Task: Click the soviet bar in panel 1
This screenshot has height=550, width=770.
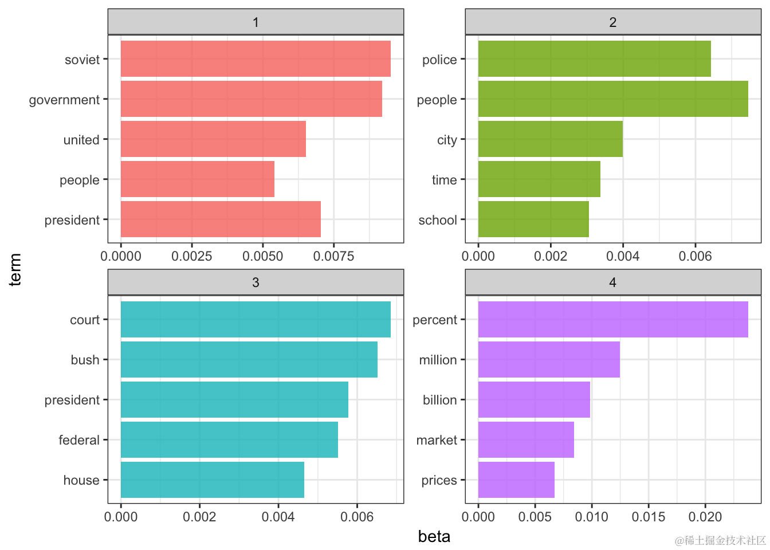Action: (256, 59)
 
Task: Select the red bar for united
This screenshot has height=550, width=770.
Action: (213, 139)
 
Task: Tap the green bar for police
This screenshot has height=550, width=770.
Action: (594, 59)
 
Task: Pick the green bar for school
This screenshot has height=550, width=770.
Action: (533, 219)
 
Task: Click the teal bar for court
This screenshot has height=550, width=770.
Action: (256, 320)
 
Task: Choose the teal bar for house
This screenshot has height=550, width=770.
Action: (213, 480)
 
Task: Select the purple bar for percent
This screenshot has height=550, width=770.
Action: (613, 320)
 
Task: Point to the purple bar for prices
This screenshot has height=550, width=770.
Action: (516, 480)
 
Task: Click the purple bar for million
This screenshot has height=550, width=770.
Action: (549, 360)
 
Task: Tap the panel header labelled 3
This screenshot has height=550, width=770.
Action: (256, 282)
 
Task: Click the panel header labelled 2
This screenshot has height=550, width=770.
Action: (612, 22)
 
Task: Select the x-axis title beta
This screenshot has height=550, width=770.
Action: (434, 537)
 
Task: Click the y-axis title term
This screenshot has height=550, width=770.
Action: (15, 269)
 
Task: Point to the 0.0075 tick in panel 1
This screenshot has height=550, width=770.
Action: (333, 256)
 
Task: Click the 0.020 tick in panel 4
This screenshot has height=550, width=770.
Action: (705, 517)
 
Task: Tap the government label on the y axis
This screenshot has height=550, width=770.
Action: (64, 100)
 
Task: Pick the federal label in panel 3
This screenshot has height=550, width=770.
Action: (79, 440)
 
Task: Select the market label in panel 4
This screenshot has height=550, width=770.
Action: (437, 440)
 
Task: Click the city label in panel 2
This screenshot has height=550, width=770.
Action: (447, 140)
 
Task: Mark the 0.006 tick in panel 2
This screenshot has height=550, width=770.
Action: (695, 256)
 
